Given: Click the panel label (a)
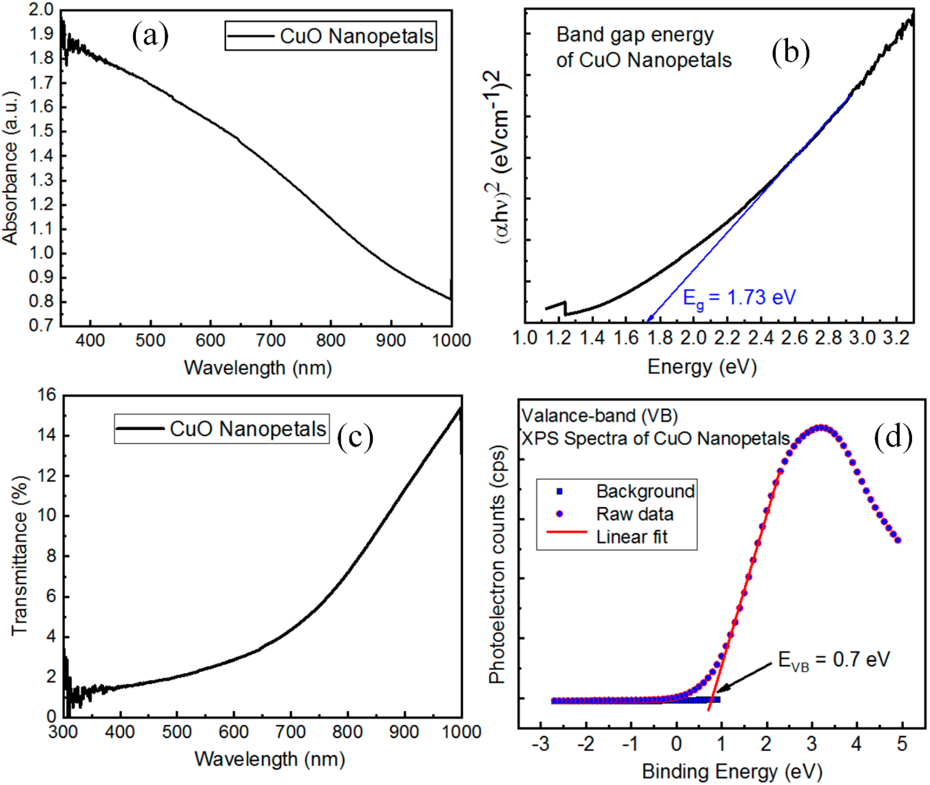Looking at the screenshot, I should [x=150, y=37].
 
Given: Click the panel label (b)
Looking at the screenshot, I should [x=790, y=53].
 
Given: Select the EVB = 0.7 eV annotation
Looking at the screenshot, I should [x=833, y=660].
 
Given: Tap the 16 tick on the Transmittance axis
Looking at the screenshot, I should [x=47, y=395].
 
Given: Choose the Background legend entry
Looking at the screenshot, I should [x=645, y=491].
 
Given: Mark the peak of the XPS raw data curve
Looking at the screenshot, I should [x=821, y=428].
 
